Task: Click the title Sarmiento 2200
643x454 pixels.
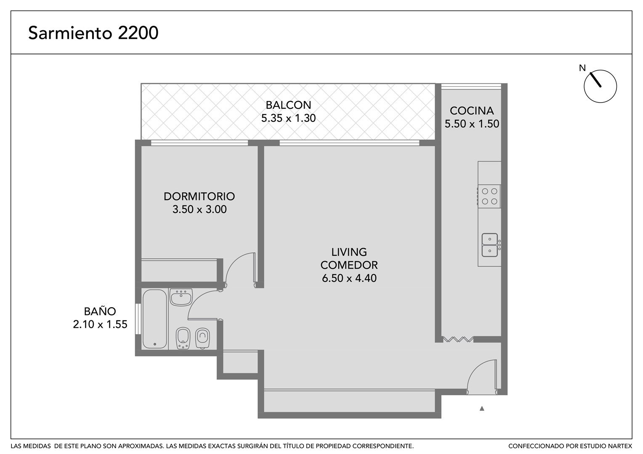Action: click(x=93, y=33)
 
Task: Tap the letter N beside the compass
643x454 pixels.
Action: click(x=582, y=68)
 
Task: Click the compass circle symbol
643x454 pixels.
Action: click(x=600, y=86)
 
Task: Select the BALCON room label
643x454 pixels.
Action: click(x=288, y=105)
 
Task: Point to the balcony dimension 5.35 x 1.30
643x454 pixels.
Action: click(x=288, y=118)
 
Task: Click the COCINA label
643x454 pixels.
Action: click(x=472, y=111)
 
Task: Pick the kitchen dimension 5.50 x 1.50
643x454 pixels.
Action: click(x=472, y=124)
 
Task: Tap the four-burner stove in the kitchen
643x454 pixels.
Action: click(x=489, y=196)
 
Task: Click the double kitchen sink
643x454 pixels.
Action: click(x=490, y=245)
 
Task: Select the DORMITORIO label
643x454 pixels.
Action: click(x=199, y=196)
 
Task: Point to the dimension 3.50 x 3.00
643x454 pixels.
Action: click(x=199, y=209)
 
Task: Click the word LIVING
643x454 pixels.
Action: click(x=349, y=252)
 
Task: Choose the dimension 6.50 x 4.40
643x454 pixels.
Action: click(x=349, y=278)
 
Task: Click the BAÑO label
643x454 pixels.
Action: click(x=100, y=311)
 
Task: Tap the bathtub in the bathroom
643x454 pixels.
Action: click(x=154, y=319)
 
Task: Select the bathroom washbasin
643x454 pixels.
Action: click(x=181, y=297)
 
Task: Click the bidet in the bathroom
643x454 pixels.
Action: click(x=183, y=338)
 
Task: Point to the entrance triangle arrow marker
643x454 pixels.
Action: click(x=482, y=409)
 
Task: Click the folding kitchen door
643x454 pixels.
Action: click(x=458, y=339)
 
